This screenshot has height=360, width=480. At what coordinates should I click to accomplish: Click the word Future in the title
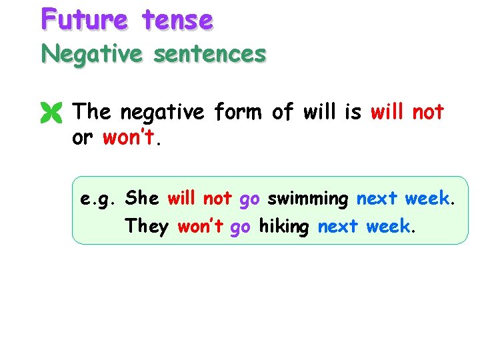tap(84, 19)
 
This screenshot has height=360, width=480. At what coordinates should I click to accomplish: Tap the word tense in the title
tap(177, 19)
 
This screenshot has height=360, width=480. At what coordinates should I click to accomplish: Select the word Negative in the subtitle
tap(91, 53)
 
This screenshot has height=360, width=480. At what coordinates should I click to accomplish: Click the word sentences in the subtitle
tap(209, 53)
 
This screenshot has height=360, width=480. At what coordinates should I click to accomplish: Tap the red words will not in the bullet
tap(407, 112)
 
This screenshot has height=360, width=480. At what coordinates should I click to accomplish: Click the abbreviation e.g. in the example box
tap(99, 199)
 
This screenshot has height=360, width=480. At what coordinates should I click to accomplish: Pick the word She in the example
tap(142, 198)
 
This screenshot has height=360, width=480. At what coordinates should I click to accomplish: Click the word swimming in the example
tap(308, 199)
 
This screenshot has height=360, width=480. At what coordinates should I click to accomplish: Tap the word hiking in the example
tap(284, 227)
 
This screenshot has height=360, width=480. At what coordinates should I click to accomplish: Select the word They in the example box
tap(147, 227)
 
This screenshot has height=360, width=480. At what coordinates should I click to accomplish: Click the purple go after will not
tap(249, 199)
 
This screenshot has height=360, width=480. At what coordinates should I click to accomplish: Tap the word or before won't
tap(83, 139)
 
